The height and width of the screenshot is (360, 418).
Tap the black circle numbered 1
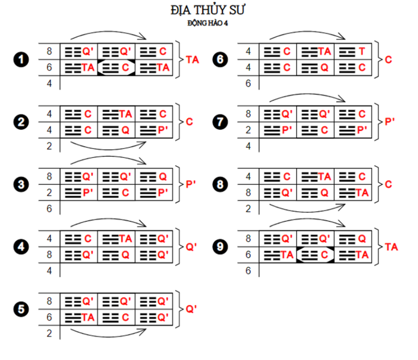21,59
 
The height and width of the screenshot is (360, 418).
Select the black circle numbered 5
21,309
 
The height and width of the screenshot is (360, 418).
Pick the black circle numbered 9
221,247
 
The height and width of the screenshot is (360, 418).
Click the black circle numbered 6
221,59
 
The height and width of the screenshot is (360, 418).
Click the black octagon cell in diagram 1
116,67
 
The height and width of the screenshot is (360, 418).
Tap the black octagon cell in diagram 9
316,255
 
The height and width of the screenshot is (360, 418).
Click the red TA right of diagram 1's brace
192,59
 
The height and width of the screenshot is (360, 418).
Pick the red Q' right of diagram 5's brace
191,309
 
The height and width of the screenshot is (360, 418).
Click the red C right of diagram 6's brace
389,59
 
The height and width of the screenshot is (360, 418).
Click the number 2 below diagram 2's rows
49,146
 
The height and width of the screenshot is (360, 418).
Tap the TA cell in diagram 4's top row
116,239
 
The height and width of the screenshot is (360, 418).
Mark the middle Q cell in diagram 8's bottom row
316,193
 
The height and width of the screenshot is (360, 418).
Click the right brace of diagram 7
380,122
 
